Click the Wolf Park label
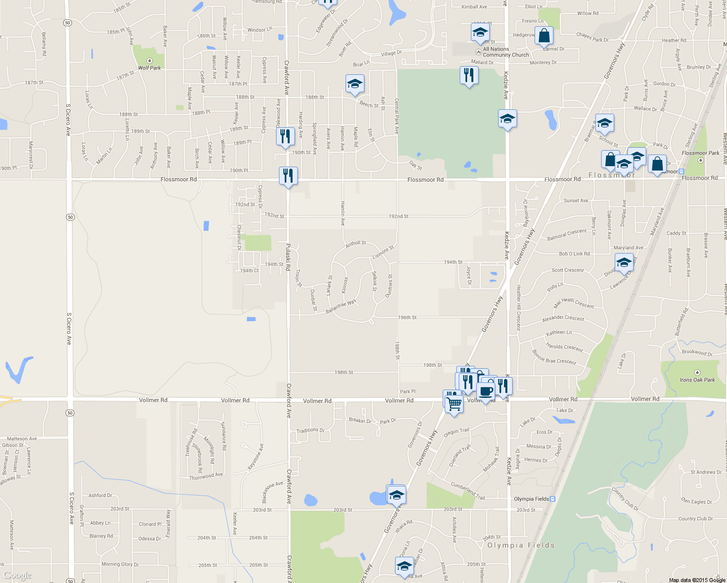pos(149,68)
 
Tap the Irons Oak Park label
pos(697,380)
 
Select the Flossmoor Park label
pos(700,153)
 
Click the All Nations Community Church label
pos(505,52)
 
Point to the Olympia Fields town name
pos(520,545)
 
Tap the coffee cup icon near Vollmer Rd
pos(485,391)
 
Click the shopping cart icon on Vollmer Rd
pos(454,403)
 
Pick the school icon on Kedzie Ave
pos(507,118)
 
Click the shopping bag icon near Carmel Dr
pos(544,35)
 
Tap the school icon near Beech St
pos(355,84)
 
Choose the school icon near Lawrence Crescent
pos(624,263)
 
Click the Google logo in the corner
pos(17,576)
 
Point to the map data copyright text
pos(697,580)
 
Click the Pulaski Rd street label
pos(288,257)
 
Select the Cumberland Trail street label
pos(467,491)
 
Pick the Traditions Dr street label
pos(310,430)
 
